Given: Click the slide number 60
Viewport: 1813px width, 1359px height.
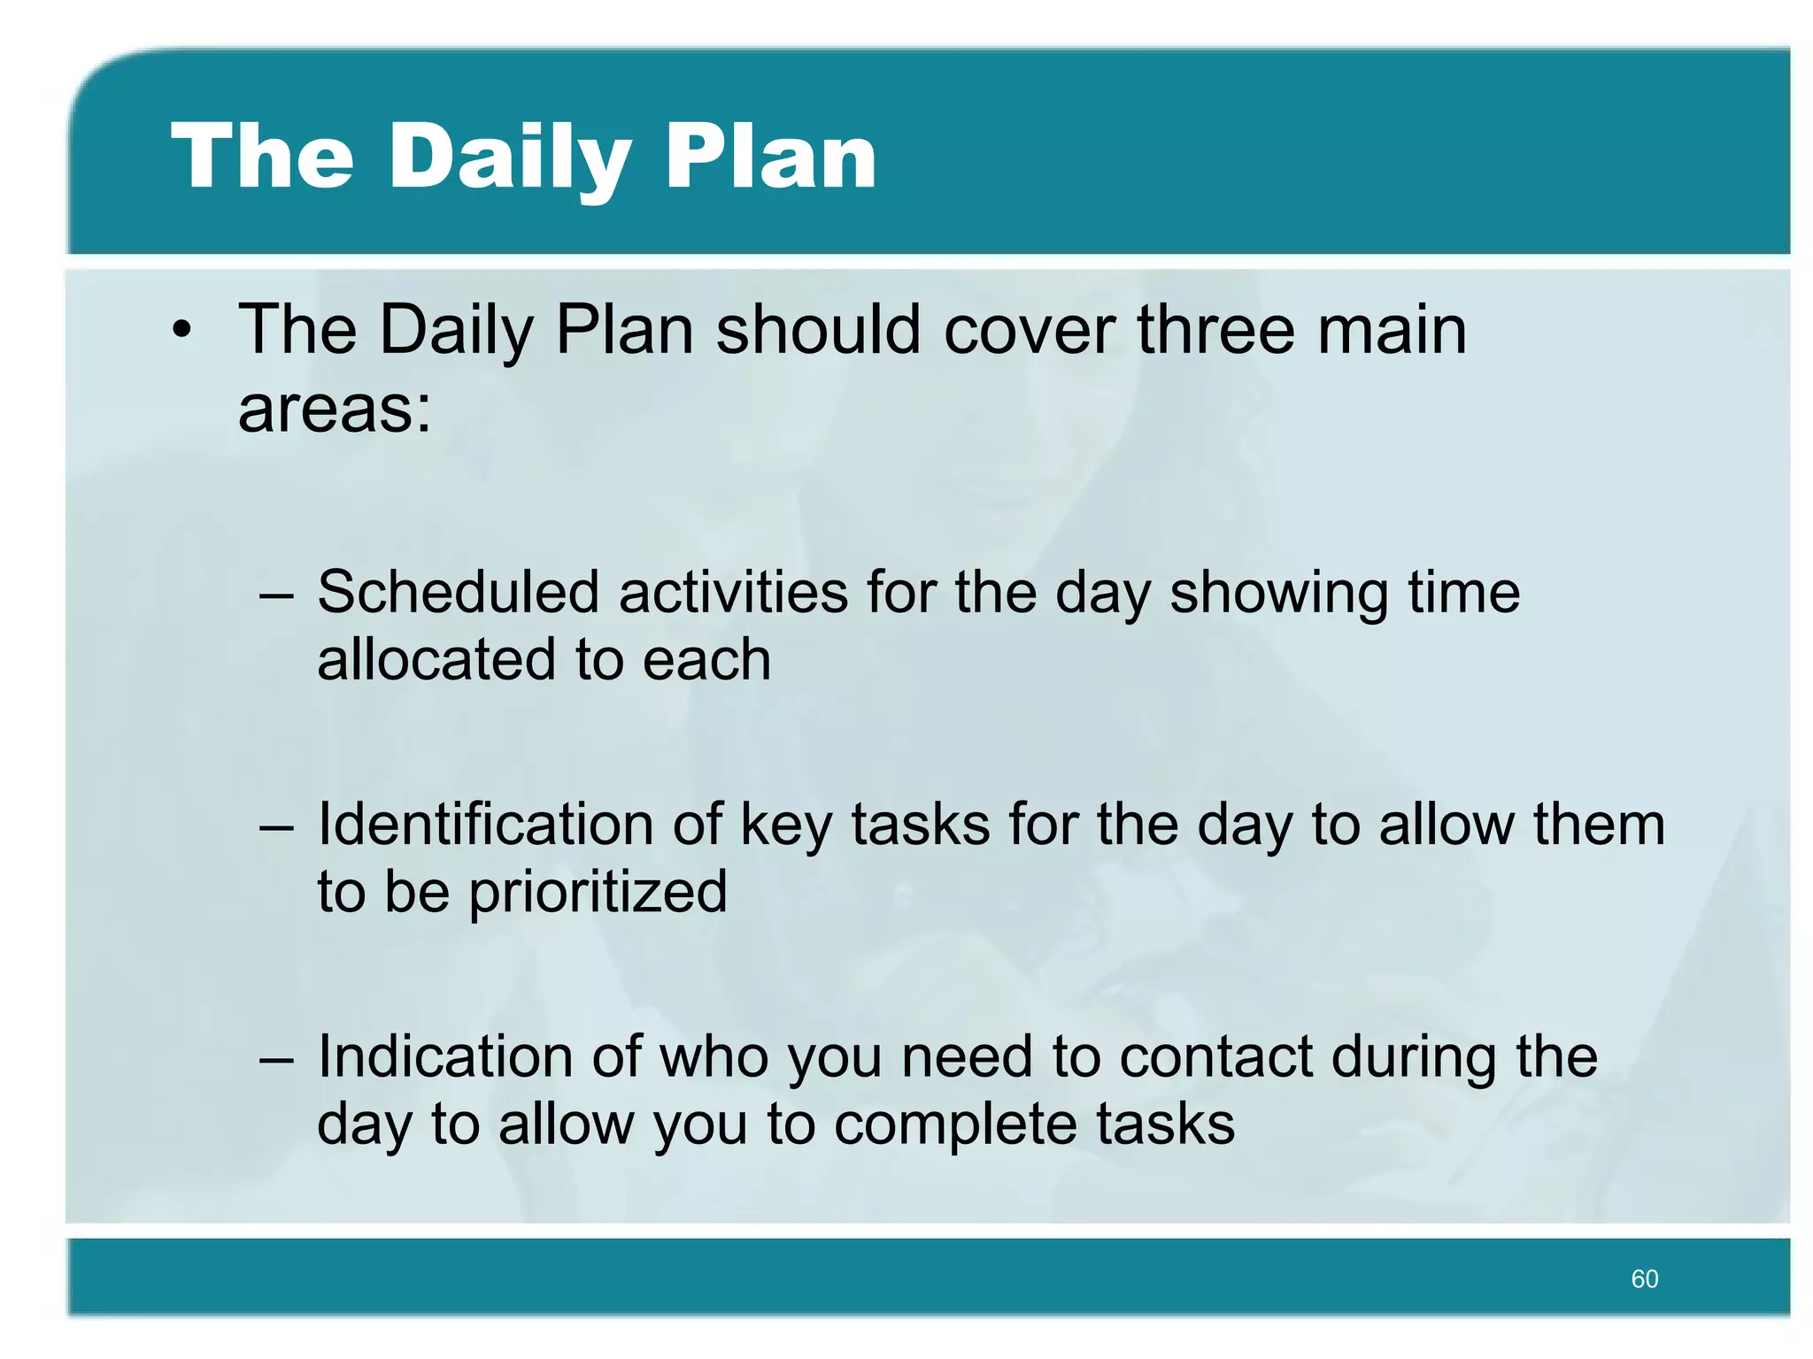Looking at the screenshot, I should pyautogui.click(x=1644, y=1278).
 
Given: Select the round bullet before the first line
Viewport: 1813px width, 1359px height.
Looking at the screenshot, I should pyautogui.click(x=181, y=331).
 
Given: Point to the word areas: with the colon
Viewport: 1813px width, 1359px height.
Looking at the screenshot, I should pyautogui.click(x=335, y=409).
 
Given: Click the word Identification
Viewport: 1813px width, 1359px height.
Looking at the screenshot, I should pyautogui.click(x=484, y=824).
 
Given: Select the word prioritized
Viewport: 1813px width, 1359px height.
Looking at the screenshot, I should pyautogui.click(x=598, y=891).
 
